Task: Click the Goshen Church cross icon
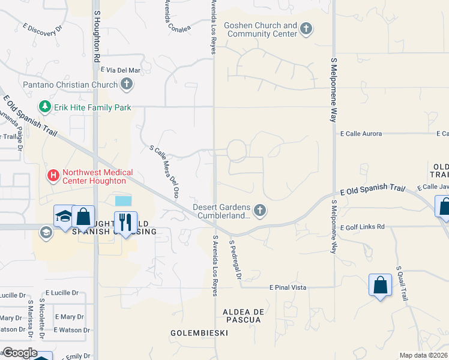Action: point(306,29)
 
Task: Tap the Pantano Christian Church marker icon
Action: point(126,85)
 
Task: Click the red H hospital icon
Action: point(53,176)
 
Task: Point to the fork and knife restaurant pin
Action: point(125,223)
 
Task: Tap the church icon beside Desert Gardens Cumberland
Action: point(259,210)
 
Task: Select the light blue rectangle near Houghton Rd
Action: point(122,200)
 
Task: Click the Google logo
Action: point(19,353)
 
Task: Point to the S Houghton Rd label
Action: point(96,35)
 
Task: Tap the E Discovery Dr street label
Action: point(43,28)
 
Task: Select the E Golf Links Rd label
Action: point(362,227)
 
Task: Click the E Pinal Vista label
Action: point(288,288)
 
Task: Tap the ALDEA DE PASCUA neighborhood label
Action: point(242,316)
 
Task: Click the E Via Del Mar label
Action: point(120,70)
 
